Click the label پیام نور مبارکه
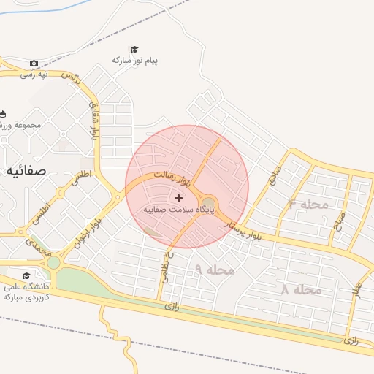coord(135,60)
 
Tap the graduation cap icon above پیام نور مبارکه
coord(135,49)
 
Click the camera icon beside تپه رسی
coord(34,64)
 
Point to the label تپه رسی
coord(34,74)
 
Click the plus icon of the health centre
coord(179,198)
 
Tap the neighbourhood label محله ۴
coord(308,205)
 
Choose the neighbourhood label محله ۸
coord(301,290)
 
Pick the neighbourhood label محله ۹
coord(215,270)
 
